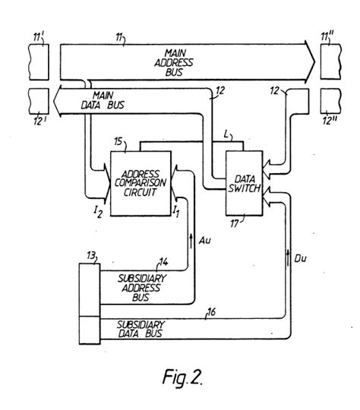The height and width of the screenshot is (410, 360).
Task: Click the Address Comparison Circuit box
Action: pos(141,181)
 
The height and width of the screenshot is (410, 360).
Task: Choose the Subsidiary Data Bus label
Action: pos(148,328)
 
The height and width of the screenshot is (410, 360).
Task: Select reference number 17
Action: pos(233,222)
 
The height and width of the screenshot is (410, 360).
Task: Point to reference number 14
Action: pos(162,262)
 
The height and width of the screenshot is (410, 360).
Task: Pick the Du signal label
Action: pos(300,259)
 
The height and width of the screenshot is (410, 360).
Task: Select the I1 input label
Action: pos(175,207)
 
